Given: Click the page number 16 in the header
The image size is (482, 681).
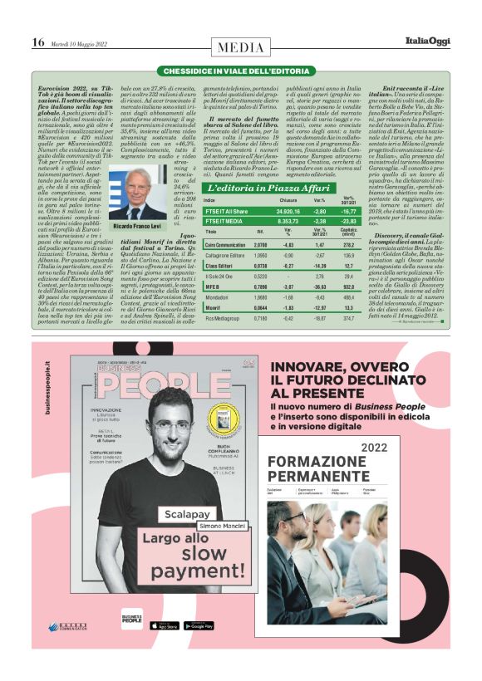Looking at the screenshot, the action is [x=38, y=42].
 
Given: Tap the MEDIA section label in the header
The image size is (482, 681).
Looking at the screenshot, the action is [x=241, y=42].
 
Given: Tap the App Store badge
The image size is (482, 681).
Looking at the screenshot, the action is [x=163, y=625].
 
